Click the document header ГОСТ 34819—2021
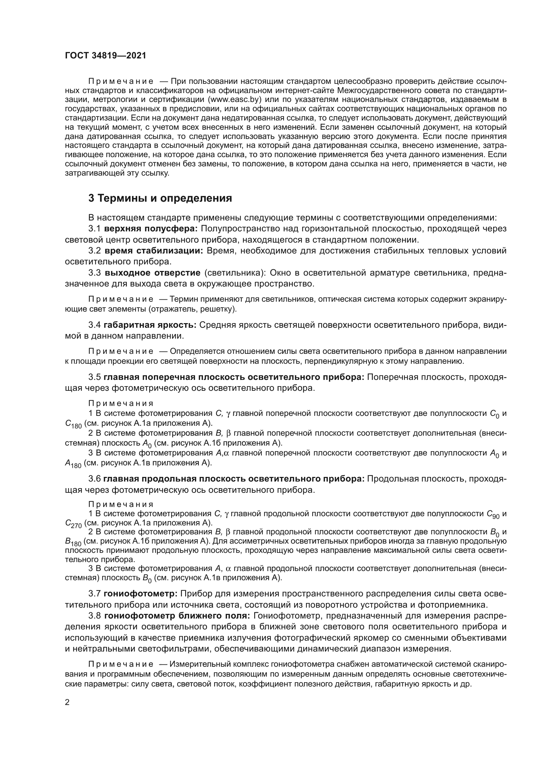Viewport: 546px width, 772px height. click(106, 56)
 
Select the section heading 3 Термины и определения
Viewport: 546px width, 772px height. click(160, 198)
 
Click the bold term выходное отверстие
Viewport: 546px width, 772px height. click(152, 273)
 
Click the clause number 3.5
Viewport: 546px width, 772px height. click(94, 377)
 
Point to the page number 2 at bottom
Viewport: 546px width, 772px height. click(67, 702)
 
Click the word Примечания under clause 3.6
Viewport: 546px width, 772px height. click(121, 504)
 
